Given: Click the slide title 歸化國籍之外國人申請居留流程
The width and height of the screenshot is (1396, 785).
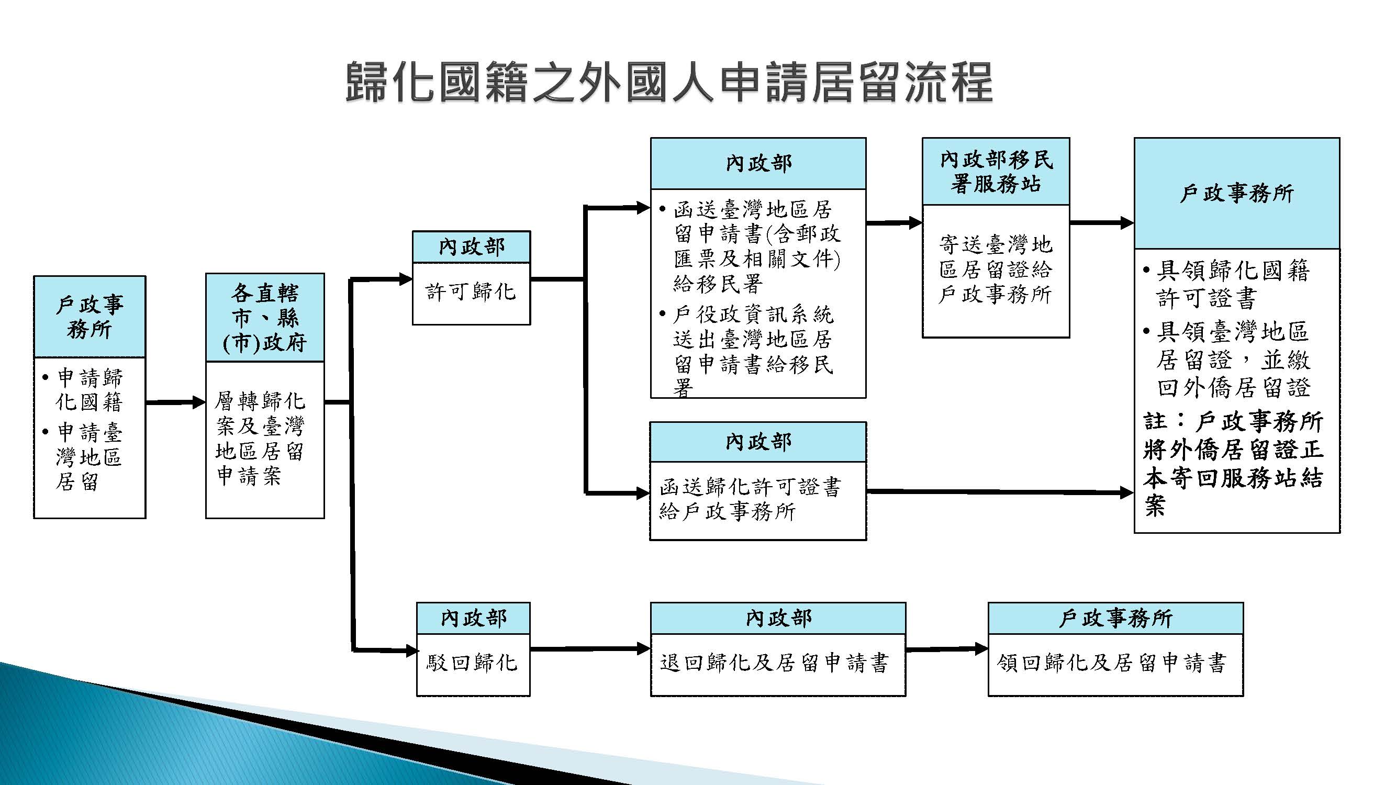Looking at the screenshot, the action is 669,82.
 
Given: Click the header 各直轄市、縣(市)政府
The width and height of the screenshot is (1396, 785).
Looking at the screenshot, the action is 265,318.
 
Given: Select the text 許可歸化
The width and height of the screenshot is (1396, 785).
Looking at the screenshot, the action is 471,291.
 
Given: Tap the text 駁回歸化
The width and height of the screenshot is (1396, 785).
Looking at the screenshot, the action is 472,662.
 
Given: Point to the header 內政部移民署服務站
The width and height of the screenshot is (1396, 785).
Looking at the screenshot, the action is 996,172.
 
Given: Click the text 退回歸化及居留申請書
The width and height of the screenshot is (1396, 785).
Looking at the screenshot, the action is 775,663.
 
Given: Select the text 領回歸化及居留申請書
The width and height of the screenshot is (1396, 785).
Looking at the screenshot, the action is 1111,663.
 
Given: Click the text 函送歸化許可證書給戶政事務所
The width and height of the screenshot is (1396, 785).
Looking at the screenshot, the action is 750,498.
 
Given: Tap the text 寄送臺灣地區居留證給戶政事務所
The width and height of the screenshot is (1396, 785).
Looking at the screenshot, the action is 996,269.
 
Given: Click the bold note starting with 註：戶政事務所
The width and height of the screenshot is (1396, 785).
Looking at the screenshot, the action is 1233,463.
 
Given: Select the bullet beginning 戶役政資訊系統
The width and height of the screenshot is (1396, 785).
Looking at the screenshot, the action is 746,351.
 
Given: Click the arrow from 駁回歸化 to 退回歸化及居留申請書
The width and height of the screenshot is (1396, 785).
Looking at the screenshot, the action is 590,648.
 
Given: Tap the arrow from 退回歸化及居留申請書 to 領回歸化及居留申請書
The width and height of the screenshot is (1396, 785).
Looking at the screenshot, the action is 947,648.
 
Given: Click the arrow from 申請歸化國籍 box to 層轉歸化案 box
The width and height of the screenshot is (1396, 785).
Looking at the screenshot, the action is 175,402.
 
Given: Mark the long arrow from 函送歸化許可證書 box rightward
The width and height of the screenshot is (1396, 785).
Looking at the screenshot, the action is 1000,492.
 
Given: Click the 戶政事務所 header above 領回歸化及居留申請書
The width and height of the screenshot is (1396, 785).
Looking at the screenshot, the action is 1116,618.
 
